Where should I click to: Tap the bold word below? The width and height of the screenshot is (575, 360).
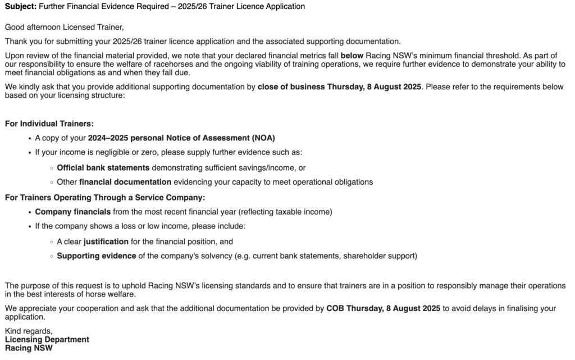352,56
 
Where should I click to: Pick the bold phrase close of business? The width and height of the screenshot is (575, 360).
291,87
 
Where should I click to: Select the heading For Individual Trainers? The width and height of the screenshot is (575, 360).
49,124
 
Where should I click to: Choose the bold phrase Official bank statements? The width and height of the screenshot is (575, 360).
103,167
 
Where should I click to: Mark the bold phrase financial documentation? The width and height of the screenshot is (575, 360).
125,182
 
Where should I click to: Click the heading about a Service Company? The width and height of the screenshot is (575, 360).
105,197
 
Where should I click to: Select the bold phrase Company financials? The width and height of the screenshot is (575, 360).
72,212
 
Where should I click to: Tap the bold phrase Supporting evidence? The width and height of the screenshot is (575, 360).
97,256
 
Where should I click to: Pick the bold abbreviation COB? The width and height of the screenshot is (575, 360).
335,308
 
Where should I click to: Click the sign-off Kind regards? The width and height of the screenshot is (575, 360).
28,331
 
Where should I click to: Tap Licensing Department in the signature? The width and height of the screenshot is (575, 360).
47,340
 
